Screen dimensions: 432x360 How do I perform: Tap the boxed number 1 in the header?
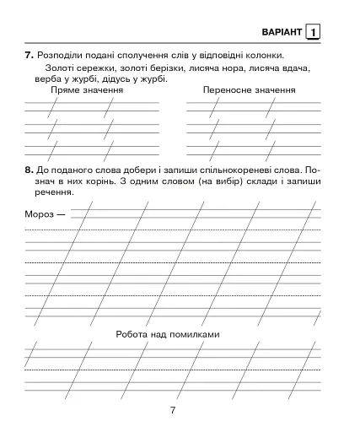click(x=314, y=32)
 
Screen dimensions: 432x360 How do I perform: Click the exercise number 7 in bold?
click(x=29, y=56)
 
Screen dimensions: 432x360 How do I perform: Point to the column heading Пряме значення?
click(x=87, y=90)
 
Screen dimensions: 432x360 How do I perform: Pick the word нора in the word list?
click(x=245, y=67)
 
